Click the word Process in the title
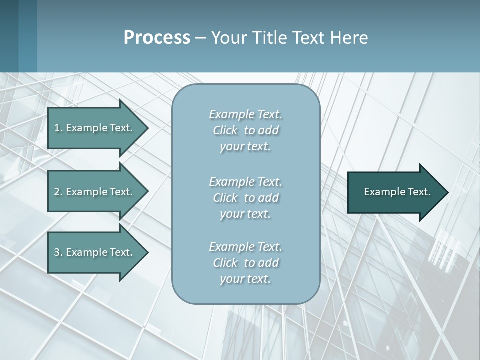coord(157,38)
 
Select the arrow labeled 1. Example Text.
coord(95,128)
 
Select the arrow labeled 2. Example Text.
coord(95,192)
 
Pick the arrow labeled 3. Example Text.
coord(95,252)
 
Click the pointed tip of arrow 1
coord(146,128)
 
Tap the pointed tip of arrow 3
coord(146,252)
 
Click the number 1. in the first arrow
coord(58,128)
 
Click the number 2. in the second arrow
coord(58,192)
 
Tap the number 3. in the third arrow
coord(58,252)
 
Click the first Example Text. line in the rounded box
coord(245,114)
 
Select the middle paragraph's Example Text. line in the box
coord(245,181)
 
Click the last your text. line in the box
coord(245,279)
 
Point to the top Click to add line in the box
coord(245,130)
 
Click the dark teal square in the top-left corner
coord(18,36)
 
